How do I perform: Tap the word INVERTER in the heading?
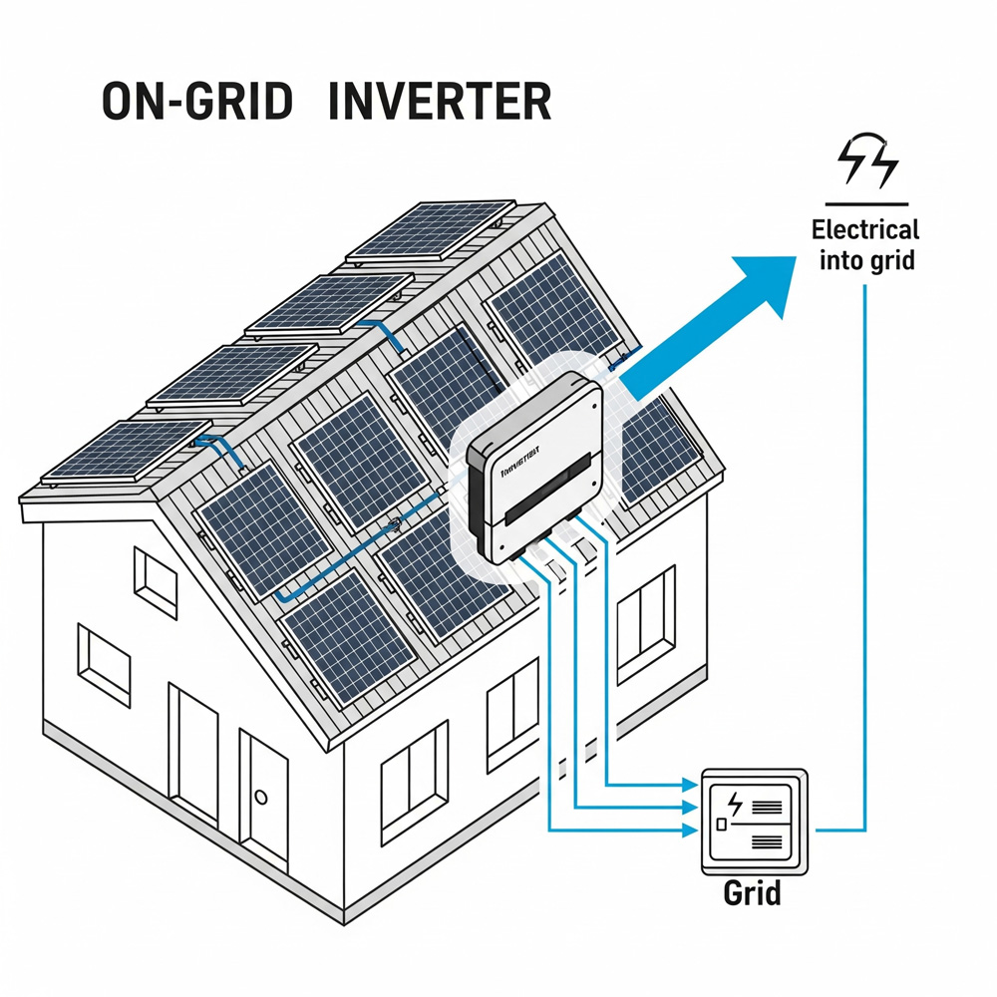click(x=440, y=101)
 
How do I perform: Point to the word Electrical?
click(x=864, y=229)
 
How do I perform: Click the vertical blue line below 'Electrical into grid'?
click(x=865, y=548)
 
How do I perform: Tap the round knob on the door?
click(x=262, y=797)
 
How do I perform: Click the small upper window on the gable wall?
click(x=156, y=578)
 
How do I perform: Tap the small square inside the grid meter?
click(x=720, y=825)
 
